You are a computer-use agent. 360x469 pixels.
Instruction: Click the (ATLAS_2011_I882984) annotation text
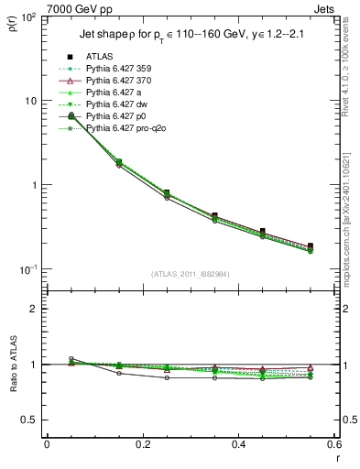[x=191, y=274]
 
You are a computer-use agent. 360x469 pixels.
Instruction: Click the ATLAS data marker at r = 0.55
[x=311, y=246]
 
